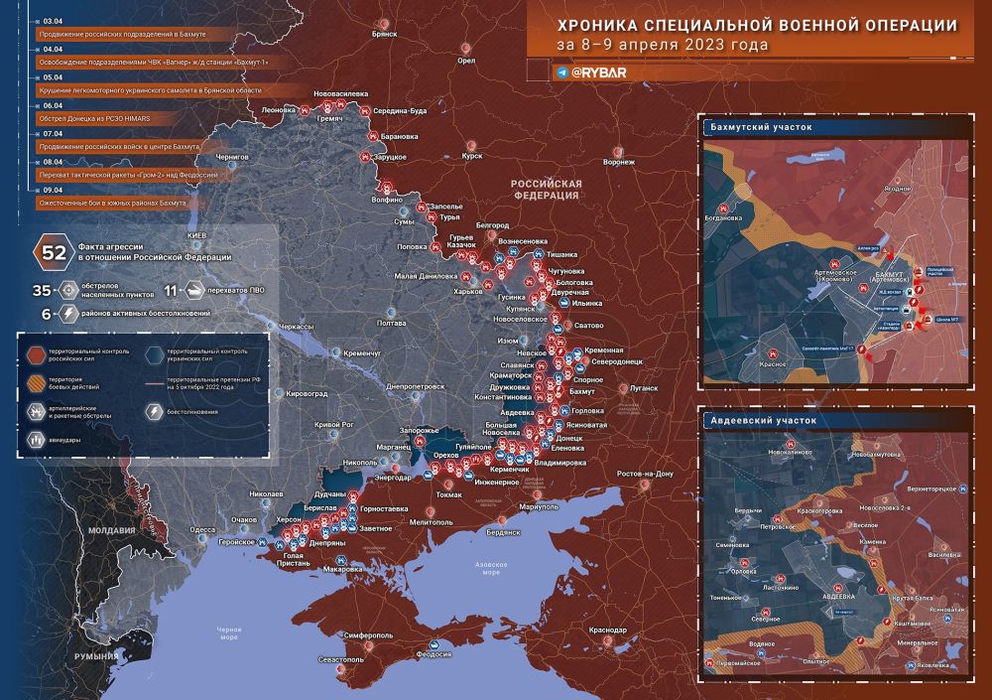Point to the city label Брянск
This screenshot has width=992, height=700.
tap(385, 34)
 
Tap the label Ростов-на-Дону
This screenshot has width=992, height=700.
tap(645, 474)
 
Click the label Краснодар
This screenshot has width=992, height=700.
tap(607, 630)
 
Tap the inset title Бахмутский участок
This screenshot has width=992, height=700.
tap(761, 127)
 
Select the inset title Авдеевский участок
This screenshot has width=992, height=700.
tap(762, 420)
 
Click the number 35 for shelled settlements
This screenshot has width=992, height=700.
tap(42, 291)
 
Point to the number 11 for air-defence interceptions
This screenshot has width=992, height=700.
tap(171, 291)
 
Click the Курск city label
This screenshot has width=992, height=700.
tap(472, 156)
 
